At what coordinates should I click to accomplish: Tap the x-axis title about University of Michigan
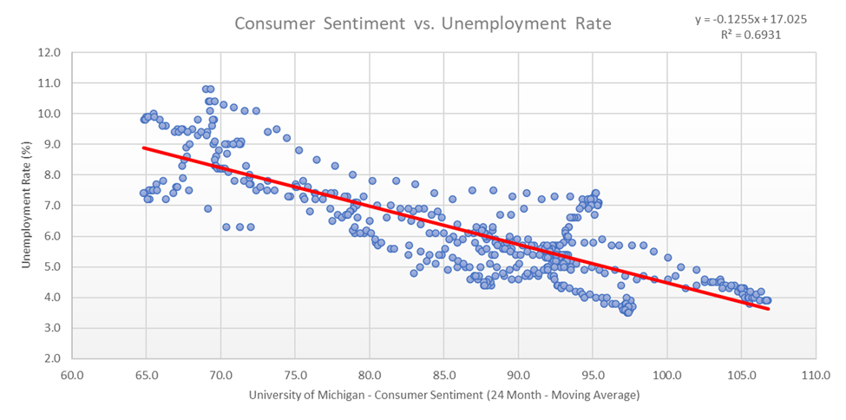tap(443, 396)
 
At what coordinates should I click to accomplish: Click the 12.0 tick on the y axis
tap(48, 52)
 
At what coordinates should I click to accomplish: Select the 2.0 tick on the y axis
tap(49, 358)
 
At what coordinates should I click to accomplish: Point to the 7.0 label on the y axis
tap(49, 205)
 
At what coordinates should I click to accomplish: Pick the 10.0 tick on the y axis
tap(48, 114)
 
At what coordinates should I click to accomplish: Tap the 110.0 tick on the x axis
tap(815, 375)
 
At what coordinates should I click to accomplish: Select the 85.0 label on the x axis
tap(443, 375)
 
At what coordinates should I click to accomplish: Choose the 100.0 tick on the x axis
tap(666, 375)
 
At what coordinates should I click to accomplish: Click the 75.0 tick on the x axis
tap(295, 375)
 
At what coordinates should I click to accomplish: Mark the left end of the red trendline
tap(145, 148)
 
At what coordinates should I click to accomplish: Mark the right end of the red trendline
tap(767, 308)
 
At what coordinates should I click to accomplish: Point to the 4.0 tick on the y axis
tap(49, 297)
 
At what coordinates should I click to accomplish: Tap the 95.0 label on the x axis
tap(593, 375)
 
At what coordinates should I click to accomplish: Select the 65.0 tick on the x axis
tap(146, 375)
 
